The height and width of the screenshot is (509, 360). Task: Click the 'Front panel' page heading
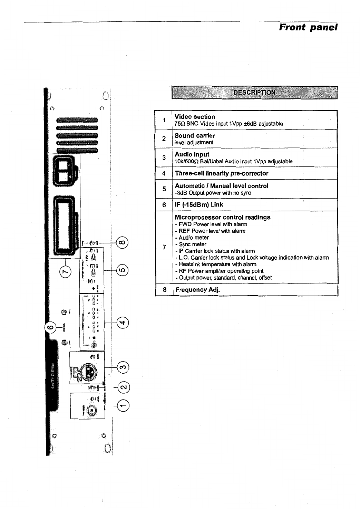point(308,27)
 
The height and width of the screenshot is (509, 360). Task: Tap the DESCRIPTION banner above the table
point(254,93)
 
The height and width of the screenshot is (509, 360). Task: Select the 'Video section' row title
point(195,117)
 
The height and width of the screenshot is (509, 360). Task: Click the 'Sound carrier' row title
point(195,135)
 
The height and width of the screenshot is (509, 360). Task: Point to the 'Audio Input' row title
point(192,154)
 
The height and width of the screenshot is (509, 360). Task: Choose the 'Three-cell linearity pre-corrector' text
point(222,173)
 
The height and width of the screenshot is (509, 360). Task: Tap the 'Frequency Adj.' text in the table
point(197,290)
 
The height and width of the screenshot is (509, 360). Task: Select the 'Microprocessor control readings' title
point(223,217)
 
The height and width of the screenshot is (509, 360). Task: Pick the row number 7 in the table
point(164,247)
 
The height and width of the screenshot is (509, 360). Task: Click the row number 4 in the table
point(164,173)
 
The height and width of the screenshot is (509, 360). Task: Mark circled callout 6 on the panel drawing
point(51,327)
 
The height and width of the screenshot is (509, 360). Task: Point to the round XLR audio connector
point(91,371)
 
